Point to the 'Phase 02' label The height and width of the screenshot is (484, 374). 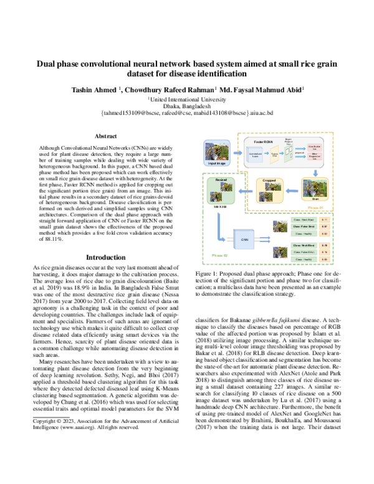[x=203, y=255]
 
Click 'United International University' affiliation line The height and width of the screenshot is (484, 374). [x=186, y=99]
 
